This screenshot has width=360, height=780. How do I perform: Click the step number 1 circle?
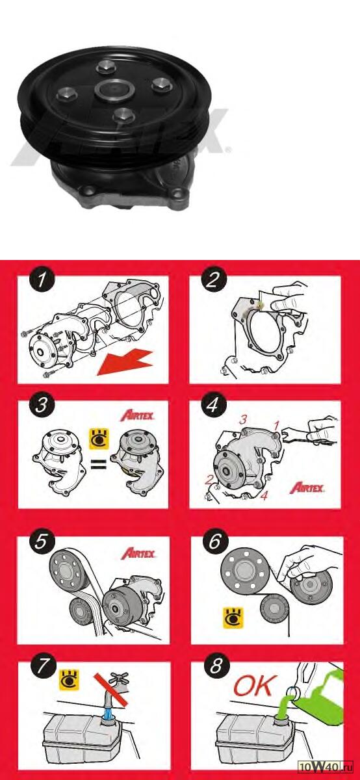[42, 279]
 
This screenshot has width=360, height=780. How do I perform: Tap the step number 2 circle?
[213, 279]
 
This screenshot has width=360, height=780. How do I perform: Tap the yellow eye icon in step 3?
[99, 439]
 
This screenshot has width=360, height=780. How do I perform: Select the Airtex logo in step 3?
[138, 415]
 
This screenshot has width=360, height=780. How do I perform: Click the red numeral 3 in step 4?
[242, 420]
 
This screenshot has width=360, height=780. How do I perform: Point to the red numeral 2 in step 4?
[209, 480]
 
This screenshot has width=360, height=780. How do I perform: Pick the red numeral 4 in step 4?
[264, 495]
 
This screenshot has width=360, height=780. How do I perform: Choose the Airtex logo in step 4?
[307, 487]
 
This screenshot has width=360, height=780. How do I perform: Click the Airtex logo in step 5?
[138, 553]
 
